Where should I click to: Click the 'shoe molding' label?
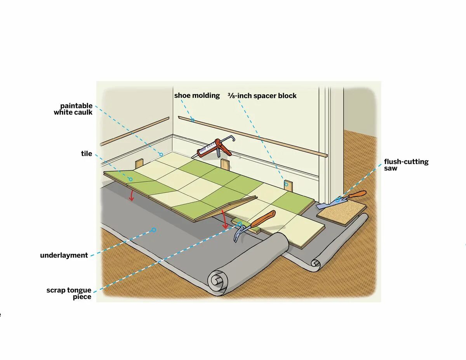coord(196,95)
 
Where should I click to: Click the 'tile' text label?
coord(87,154)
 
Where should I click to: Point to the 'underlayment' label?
coord(64,256)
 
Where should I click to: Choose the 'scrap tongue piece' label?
coord(69,294)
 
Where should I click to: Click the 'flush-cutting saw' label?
coord(406,165)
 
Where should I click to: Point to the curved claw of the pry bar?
coord(238,235)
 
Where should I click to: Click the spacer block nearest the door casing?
coord(288,184)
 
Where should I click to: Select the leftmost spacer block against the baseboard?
coord(139,163)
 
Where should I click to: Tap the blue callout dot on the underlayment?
coord(154,230)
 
